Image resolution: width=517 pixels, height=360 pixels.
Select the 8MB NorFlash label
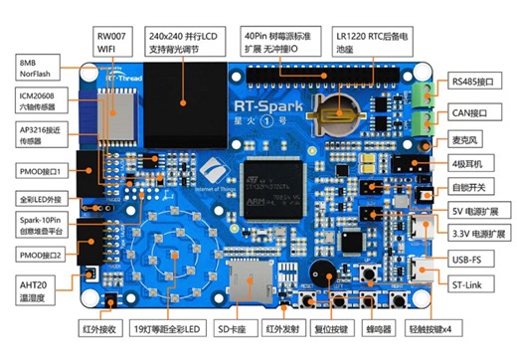[35, 68]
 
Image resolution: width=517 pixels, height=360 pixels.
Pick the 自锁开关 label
[468, 187]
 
